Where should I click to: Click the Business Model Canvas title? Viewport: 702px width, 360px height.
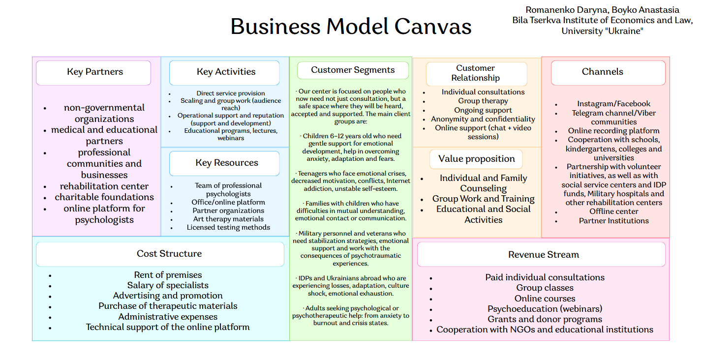click(x=351, y=27)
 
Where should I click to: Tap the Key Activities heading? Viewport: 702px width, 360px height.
click(x=225, y=72)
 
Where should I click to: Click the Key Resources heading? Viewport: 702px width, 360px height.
click(x=225, y=163)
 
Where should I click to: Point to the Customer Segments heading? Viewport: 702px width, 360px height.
click(x=352, y=70)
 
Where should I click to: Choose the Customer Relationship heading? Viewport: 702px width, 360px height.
click(x=475, y=73)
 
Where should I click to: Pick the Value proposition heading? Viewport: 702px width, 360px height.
click(x=476, y=159)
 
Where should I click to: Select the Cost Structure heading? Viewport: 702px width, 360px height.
click(x=169, y=254)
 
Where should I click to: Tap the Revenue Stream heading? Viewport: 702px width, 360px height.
click(x=543, y=255)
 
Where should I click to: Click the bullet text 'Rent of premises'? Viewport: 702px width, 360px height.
click(x=168, y=275)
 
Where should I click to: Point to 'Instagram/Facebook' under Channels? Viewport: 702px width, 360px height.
click(x=613, y=104)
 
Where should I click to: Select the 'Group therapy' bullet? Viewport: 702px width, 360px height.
click(x=483, y=101)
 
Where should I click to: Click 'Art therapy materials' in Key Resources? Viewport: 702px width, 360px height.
click(x=228, y=219)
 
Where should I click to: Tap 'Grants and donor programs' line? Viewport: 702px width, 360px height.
click(x=545, y=319)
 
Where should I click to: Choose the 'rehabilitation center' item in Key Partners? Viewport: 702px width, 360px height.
click(x=104, y=186)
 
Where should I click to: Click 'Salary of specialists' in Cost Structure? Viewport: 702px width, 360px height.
click(x=168, y=285)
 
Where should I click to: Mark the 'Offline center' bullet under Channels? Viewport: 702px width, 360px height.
click(x=613, y=211)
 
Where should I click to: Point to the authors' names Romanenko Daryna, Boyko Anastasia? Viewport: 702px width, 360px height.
click(x=602, y=10)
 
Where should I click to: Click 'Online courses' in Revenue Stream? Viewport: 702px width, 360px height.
click(x=545, y=299)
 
